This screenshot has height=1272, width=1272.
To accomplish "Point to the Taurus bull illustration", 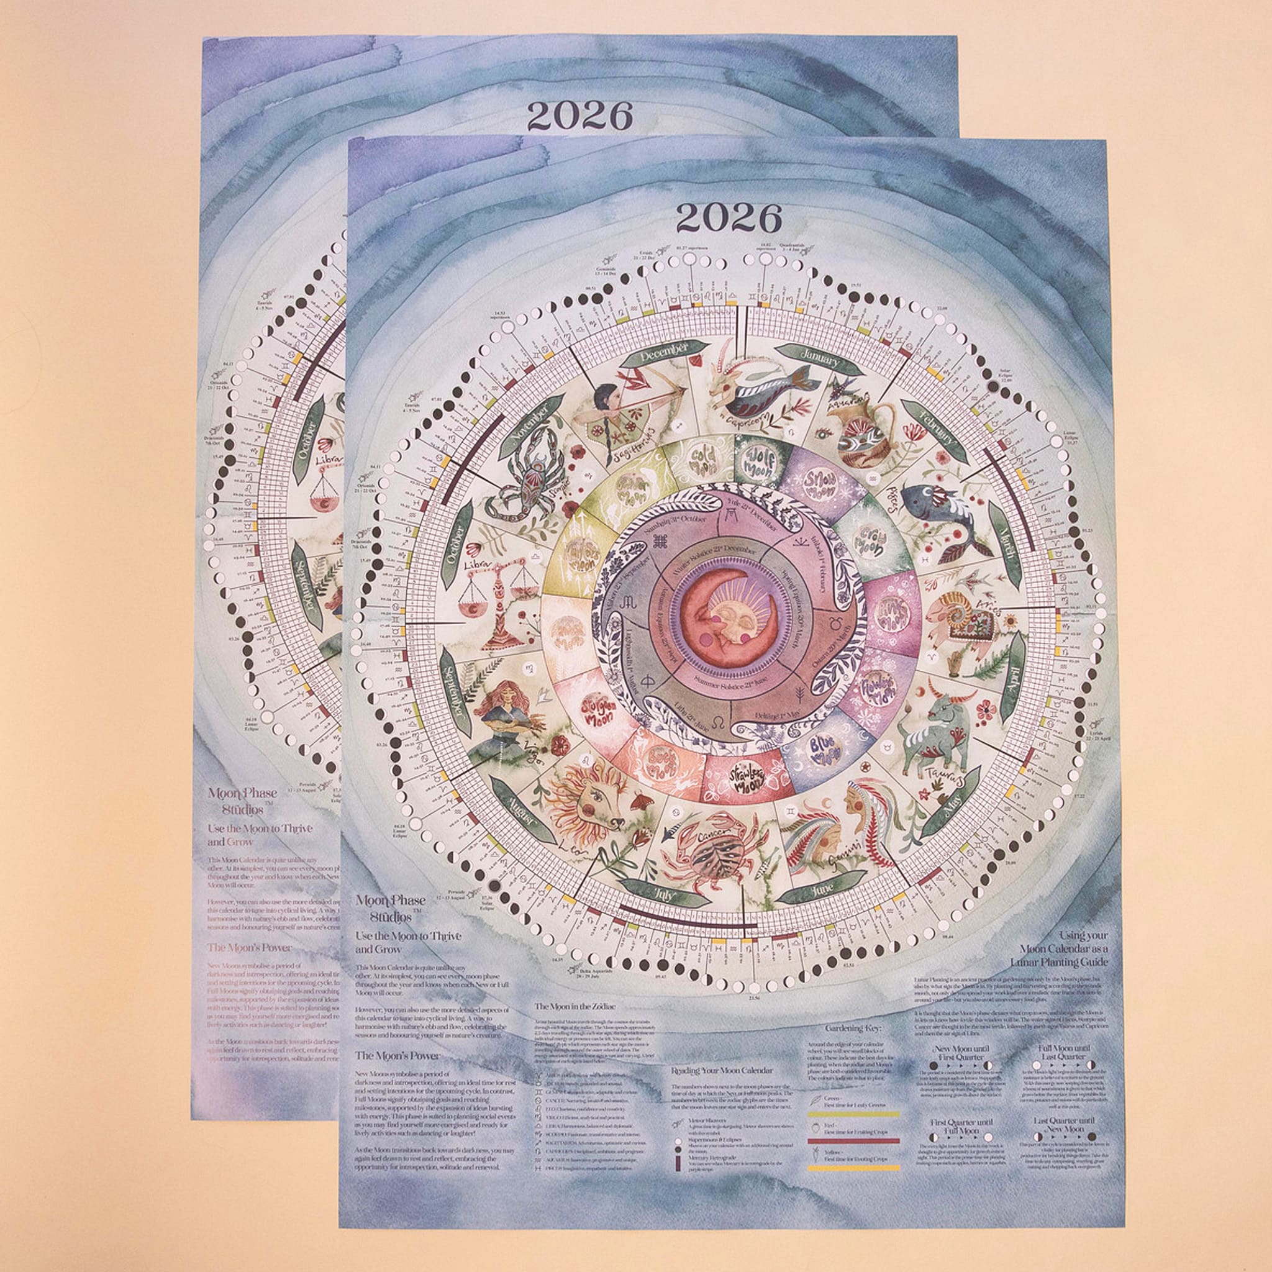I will click(936, 731).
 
